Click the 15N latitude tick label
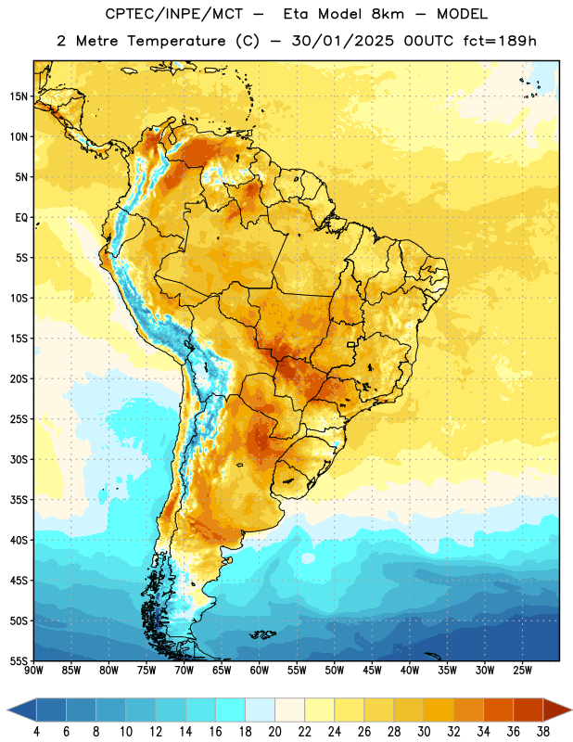tap(19, 96)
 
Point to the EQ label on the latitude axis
tap(21, 218)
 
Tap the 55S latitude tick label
tap(19, 661)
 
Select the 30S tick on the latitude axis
tap(19, 459)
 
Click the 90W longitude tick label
tap(34, 671)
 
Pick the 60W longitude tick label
tap(260, 671)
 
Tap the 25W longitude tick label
tap(522, 671)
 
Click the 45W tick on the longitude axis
tap(373, 671)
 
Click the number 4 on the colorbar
tap(36, 732)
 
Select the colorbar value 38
tap(543, 732)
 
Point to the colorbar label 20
tap(274, 732)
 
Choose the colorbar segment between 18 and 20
tap(261, 710)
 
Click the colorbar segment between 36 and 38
tap(528, 710)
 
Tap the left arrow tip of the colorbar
tap(7, 710)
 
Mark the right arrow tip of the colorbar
tap(572, 710)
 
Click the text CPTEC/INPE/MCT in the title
tap(174, 14)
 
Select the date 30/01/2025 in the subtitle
tap(342, 41)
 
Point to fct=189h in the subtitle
tap(500, 41)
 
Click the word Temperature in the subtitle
tap(176, 41)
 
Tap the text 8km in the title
tap(388, 14)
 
